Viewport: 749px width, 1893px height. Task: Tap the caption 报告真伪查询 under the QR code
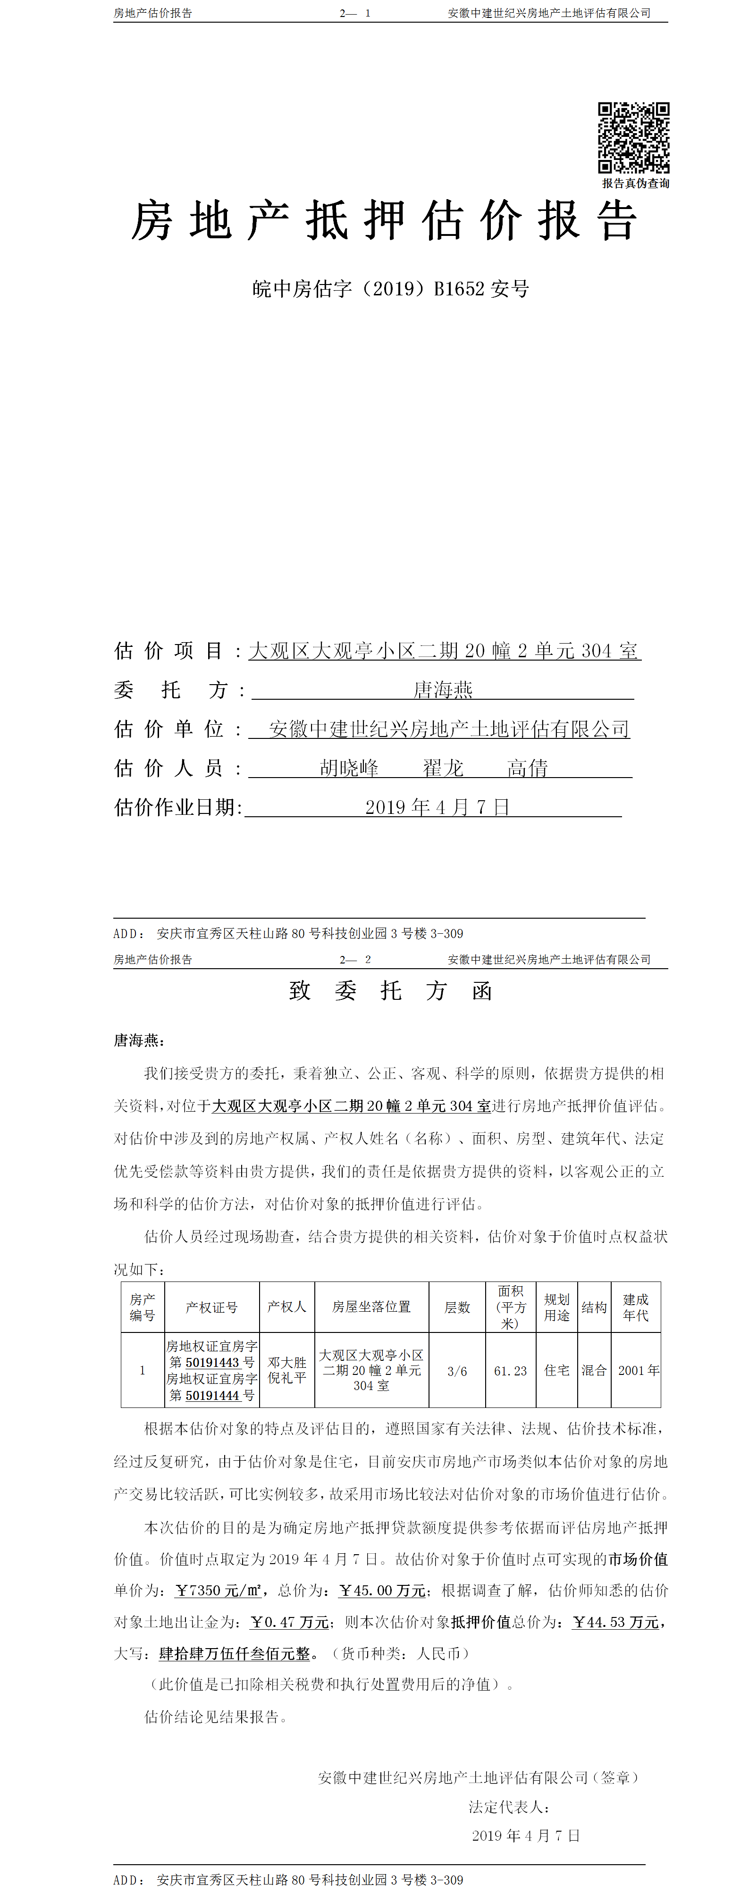pos(636,184)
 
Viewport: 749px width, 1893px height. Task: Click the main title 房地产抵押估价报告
pos(384,220)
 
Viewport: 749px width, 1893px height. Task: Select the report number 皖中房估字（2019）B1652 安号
pos(390,289)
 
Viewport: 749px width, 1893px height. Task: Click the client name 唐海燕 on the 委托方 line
pos(443,689)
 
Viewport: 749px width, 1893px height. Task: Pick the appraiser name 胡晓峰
pos(349,768)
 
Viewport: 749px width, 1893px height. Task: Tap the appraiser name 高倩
pos(527,768)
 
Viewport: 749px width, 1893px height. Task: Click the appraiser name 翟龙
pos(443,768)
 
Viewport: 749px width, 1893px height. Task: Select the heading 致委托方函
pos(390,990)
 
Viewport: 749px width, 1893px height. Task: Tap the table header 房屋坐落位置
pos(371,1307)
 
